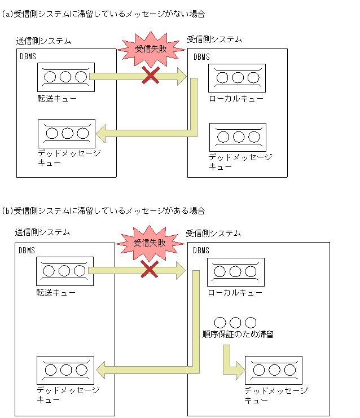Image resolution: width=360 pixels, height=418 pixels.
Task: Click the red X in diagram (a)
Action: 150,75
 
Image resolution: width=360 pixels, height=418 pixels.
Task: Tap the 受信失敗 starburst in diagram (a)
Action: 151,49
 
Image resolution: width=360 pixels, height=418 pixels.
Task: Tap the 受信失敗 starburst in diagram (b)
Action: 150,243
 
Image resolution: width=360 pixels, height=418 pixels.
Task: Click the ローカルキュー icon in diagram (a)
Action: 237,78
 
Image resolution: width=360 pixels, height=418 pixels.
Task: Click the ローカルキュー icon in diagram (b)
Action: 236,272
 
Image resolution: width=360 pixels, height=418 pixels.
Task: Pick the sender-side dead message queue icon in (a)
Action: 67,133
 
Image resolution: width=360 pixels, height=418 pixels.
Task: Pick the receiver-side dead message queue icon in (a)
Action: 238,137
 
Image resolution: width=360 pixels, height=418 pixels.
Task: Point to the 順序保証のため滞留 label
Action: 238,335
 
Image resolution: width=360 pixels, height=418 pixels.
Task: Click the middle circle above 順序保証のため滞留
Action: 236,323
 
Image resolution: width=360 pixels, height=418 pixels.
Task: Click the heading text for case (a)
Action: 104,14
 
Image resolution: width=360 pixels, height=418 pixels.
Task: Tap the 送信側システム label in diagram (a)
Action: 43,41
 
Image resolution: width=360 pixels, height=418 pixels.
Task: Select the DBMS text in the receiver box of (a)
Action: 201,56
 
